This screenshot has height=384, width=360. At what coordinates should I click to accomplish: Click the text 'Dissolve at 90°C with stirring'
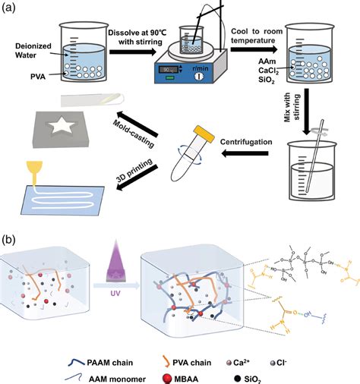142,38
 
